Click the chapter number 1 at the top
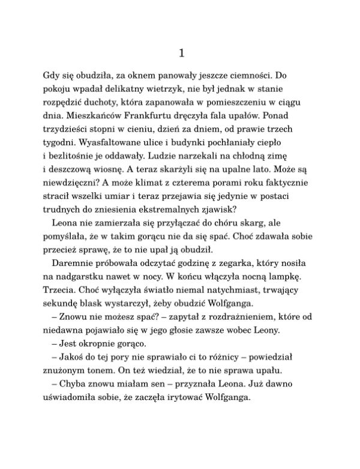pyautogui.click(x=181, y=53)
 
